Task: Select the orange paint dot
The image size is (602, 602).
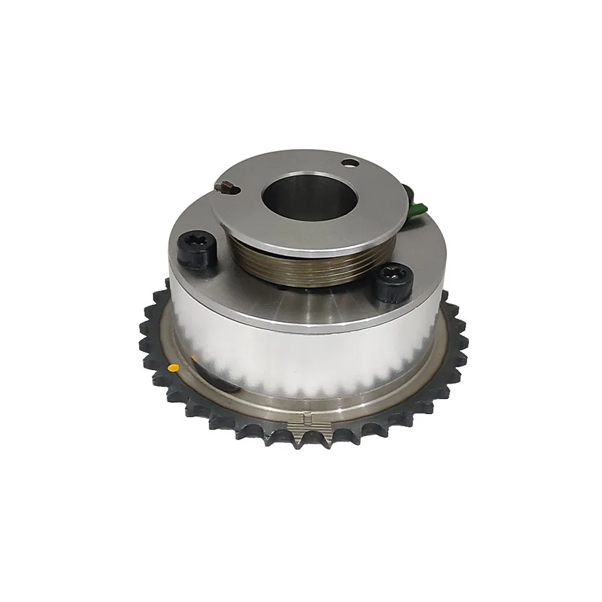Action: [173, 366]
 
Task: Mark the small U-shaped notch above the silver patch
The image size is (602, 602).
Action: [307, 417]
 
